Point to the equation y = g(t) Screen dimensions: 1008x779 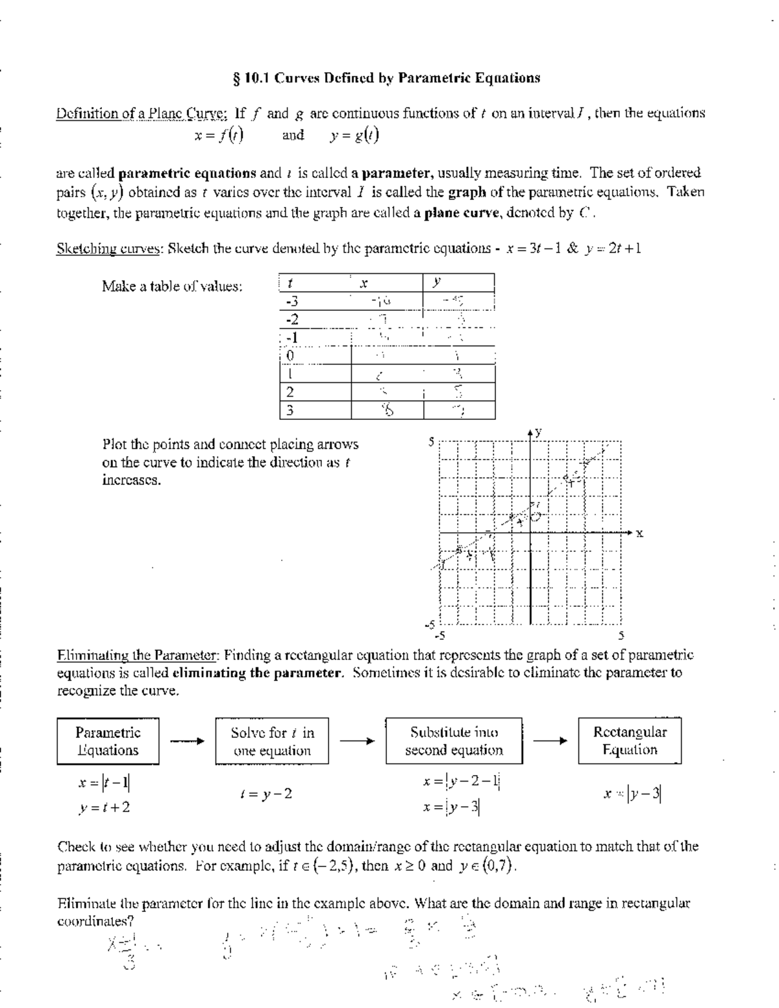pyautogui.click(x=354, y=136)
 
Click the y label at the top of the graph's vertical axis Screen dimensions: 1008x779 pyautogui.click(x=539, y=432)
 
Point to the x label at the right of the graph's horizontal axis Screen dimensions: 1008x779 pyautogui.click(x=639, y=534)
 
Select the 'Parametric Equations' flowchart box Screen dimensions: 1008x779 pyautogui.click(x=108, y=741)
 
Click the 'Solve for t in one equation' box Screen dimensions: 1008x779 pyautogui.click(x=272, y=741)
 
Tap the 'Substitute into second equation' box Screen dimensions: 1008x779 pyautogui.click(x=454, y=741)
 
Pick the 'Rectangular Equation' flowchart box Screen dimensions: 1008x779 pyautogui.click(x=630, y=741)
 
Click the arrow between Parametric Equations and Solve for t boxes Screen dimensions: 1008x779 pyautogui.click(x=187, y=741)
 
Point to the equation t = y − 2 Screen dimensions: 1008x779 pyautogui.click(x=266, y=794)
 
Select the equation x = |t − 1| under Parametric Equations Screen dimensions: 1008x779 pyautogui.click(x=104, y=783)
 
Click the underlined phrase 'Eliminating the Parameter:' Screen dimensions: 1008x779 pyautogui.click(x=140, y=654)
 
